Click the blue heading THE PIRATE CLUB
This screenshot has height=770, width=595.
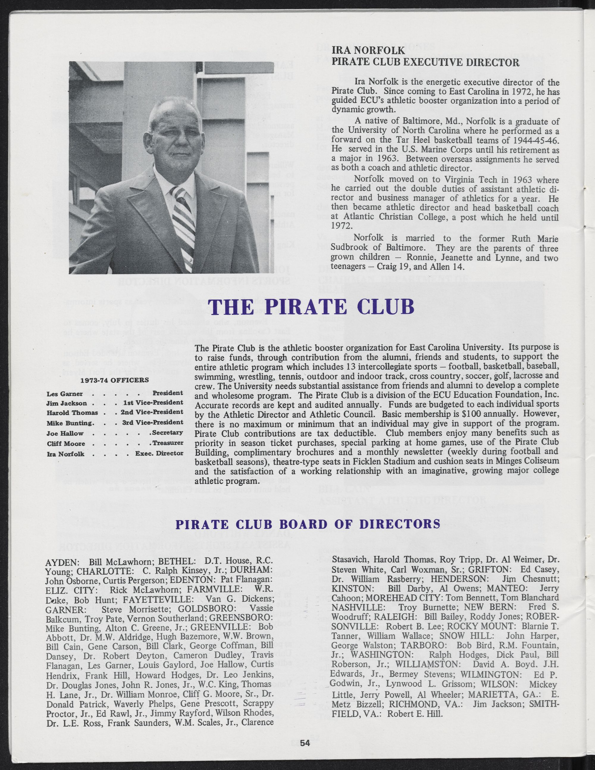tap(311, 307)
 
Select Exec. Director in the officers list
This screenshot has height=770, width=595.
tap(159, 453)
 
